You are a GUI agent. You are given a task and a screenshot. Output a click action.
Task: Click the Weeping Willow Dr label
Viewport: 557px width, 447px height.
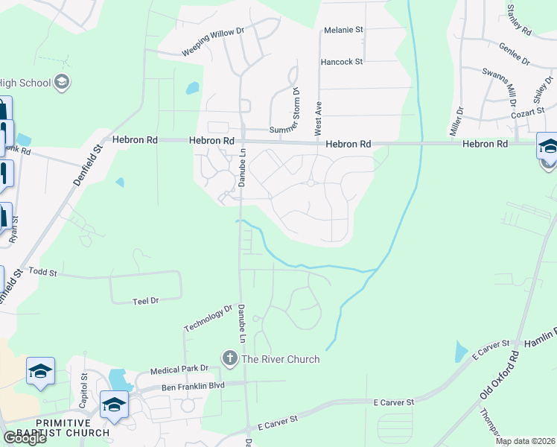[x=213, y=42]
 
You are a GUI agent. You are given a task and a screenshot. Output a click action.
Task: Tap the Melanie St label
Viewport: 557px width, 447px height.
[x=343, y=31]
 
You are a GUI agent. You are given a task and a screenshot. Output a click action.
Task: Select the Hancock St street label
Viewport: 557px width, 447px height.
[x=342, y=62]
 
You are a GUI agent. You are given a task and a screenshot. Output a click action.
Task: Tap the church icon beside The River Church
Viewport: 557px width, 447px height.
[x=229, y=359]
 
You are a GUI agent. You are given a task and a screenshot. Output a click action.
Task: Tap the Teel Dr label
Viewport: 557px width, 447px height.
[x=145, y=301]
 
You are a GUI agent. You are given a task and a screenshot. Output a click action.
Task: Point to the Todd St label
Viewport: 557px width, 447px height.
[x=42, y=273]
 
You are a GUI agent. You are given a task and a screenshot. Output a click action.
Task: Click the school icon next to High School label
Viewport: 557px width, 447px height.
[x=62, y=82]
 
